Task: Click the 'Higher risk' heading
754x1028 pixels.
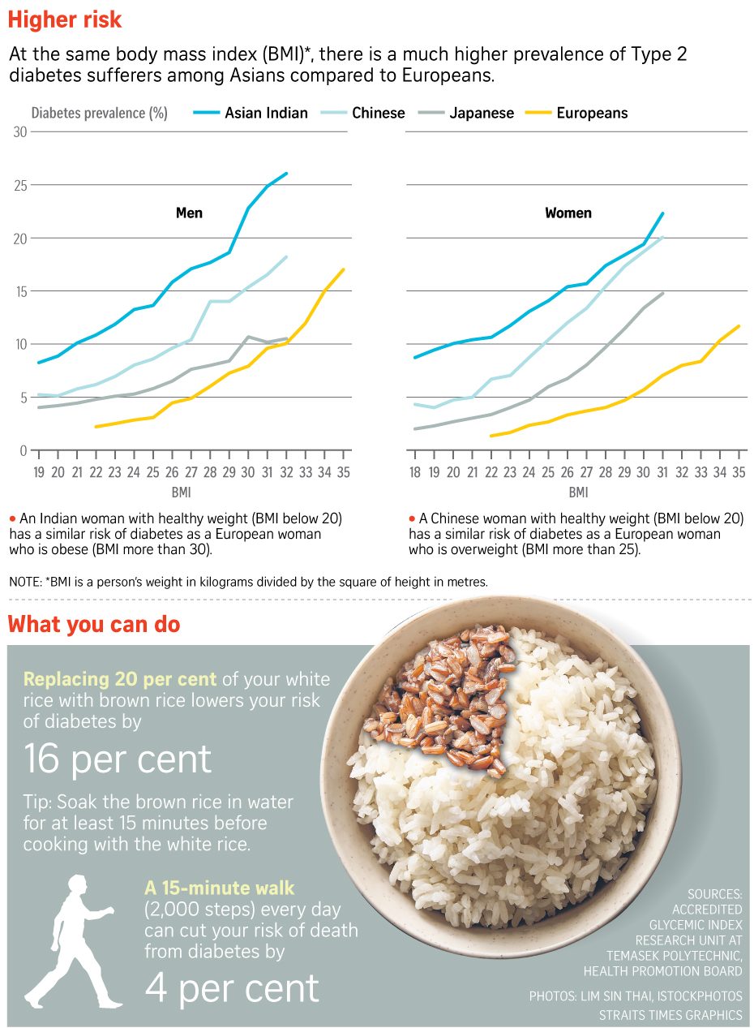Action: (65, 19)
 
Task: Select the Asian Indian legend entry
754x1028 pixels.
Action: (251, 113)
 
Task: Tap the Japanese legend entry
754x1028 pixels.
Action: (467, 113)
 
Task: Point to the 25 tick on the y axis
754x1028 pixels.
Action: (20, 186)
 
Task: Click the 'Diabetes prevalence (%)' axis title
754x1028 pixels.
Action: (99, 113)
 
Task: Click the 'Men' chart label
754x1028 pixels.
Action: (189, 213)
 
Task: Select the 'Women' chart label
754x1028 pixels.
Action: (568, 213)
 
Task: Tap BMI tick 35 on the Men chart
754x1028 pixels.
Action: (344, 471)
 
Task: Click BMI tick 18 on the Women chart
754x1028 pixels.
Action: (414, 471)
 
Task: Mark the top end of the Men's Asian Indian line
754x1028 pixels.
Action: (287, 174)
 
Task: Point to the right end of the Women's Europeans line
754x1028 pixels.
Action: (739, 326)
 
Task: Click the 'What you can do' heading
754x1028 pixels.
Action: (94, 625)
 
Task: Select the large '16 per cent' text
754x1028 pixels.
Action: (118, 760)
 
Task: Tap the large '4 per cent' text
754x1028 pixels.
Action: (232, 988)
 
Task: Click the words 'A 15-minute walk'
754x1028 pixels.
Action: (219, 888)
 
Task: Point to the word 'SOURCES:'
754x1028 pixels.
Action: (714, 894)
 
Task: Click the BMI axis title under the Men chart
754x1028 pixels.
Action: (181, 492)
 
